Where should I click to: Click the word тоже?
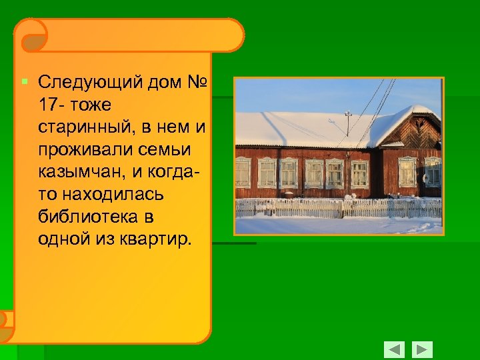(x=89, y=104)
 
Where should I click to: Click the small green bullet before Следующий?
(x=24, y=82)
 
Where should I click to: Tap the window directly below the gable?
(x=407, y=171)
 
